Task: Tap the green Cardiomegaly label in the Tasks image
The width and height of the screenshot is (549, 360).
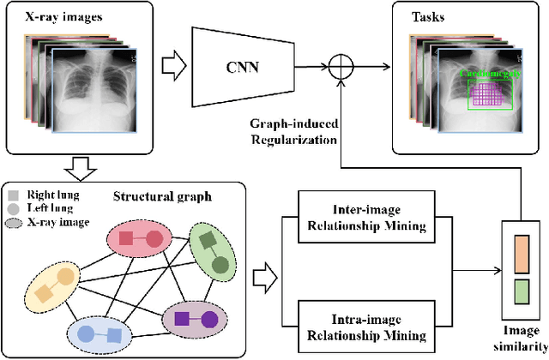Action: click(486, 74)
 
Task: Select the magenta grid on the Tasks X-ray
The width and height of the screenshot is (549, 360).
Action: click(486, 95)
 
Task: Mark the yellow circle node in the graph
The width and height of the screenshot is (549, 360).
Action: click(64, 275)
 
